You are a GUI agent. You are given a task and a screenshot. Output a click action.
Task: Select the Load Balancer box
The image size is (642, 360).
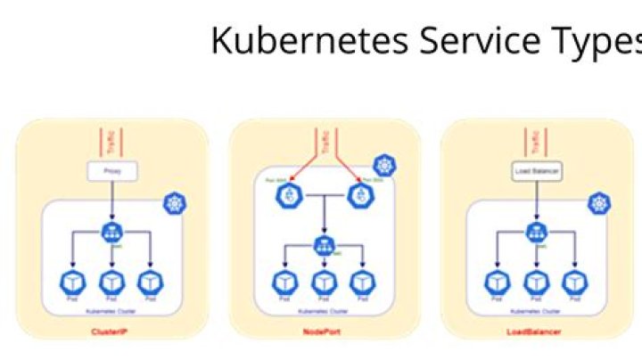(x=535, y=169)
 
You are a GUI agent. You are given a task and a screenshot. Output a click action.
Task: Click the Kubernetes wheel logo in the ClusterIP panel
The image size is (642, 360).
(x=175, y=204)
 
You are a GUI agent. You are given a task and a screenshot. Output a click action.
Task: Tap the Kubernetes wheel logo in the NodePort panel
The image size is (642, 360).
(x=384, y=166)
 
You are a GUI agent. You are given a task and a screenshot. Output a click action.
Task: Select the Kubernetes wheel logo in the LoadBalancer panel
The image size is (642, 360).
(x=598, y=204)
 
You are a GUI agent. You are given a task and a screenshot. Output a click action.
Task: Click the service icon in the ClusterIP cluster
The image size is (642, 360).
(x=111, y=233)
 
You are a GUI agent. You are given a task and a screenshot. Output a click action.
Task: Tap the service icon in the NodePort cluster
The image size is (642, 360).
(x=323, y=245)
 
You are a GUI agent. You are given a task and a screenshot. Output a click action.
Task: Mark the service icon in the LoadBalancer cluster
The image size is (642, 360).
(x=535, y=233)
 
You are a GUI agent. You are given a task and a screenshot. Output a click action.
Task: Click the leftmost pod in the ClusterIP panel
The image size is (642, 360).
(x=70, y=282)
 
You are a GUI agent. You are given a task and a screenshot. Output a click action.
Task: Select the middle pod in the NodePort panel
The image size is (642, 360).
(x=323, y=282)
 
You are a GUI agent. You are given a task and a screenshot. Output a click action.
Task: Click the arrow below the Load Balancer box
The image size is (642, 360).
(x=535, y=200)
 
